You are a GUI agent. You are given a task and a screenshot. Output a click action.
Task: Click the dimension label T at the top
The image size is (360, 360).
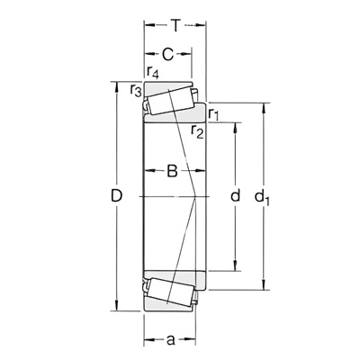(175, 26)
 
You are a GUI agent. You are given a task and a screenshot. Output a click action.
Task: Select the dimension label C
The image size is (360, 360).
(167, 54)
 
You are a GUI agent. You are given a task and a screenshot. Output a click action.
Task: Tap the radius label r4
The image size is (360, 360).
(153, 72)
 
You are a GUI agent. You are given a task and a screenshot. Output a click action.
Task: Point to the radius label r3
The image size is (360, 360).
(136, 90)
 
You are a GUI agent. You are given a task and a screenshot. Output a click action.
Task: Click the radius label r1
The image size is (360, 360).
(214, 114)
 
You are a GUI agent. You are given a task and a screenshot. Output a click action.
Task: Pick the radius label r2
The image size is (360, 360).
(197, 130)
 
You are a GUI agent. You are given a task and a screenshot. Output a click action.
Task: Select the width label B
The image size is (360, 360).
(172, 171)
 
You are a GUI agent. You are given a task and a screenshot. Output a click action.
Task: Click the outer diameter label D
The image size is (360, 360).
(116, 196)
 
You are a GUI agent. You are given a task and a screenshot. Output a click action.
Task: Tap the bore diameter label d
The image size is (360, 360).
(236, 195)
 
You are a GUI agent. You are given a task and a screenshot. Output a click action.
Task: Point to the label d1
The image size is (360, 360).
(262, 197)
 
